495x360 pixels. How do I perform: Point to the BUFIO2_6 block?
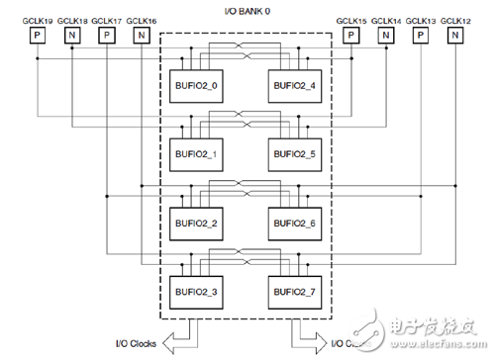293,223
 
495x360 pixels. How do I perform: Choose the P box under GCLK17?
107,36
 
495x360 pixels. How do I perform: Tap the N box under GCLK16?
142,36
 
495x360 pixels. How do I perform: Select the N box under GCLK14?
385,36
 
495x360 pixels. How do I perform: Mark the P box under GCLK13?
420,36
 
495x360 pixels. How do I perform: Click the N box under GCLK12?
454,36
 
